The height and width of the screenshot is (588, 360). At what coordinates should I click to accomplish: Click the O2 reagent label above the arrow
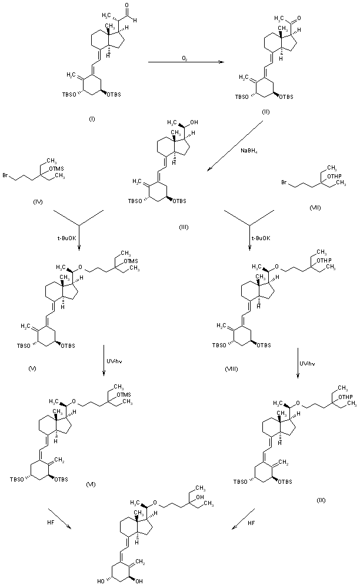[184, 57]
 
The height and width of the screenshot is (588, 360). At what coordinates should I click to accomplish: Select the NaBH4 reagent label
[247, 151]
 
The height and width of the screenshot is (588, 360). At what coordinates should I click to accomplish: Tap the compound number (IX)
[321, 500]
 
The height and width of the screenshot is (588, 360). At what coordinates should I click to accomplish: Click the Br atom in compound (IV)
[5, 175]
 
